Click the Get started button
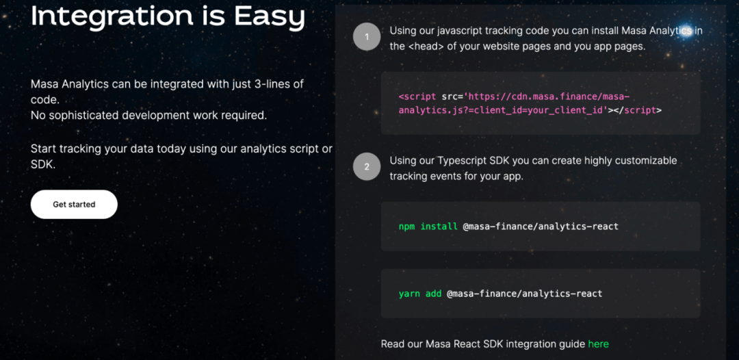click(74, 205)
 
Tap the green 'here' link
click(599, 344)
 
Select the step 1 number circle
click(367, 37)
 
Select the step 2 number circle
click(367, 167)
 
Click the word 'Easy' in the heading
click(270, 17)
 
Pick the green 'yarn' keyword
click(410, 294)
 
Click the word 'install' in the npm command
click(439, 227)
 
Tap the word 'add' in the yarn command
click(434, 294)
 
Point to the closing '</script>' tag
click(638, 111)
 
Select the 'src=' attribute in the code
click(452, 97)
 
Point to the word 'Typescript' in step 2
click(460, 161)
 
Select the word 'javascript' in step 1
click(460, 31)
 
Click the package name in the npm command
click(541, 227)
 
